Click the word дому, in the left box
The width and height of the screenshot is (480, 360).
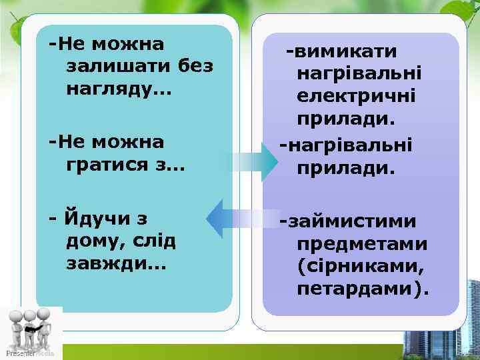coord(99,241)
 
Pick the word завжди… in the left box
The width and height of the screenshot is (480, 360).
coord(117,264)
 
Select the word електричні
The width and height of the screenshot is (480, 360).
coord(357,97)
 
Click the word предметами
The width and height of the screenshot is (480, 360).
coord(363,244)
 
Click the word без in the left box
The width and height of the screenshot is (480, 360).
coord(196,67)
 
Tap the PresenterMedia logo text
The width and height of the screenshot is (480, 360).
coord(29,353)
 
